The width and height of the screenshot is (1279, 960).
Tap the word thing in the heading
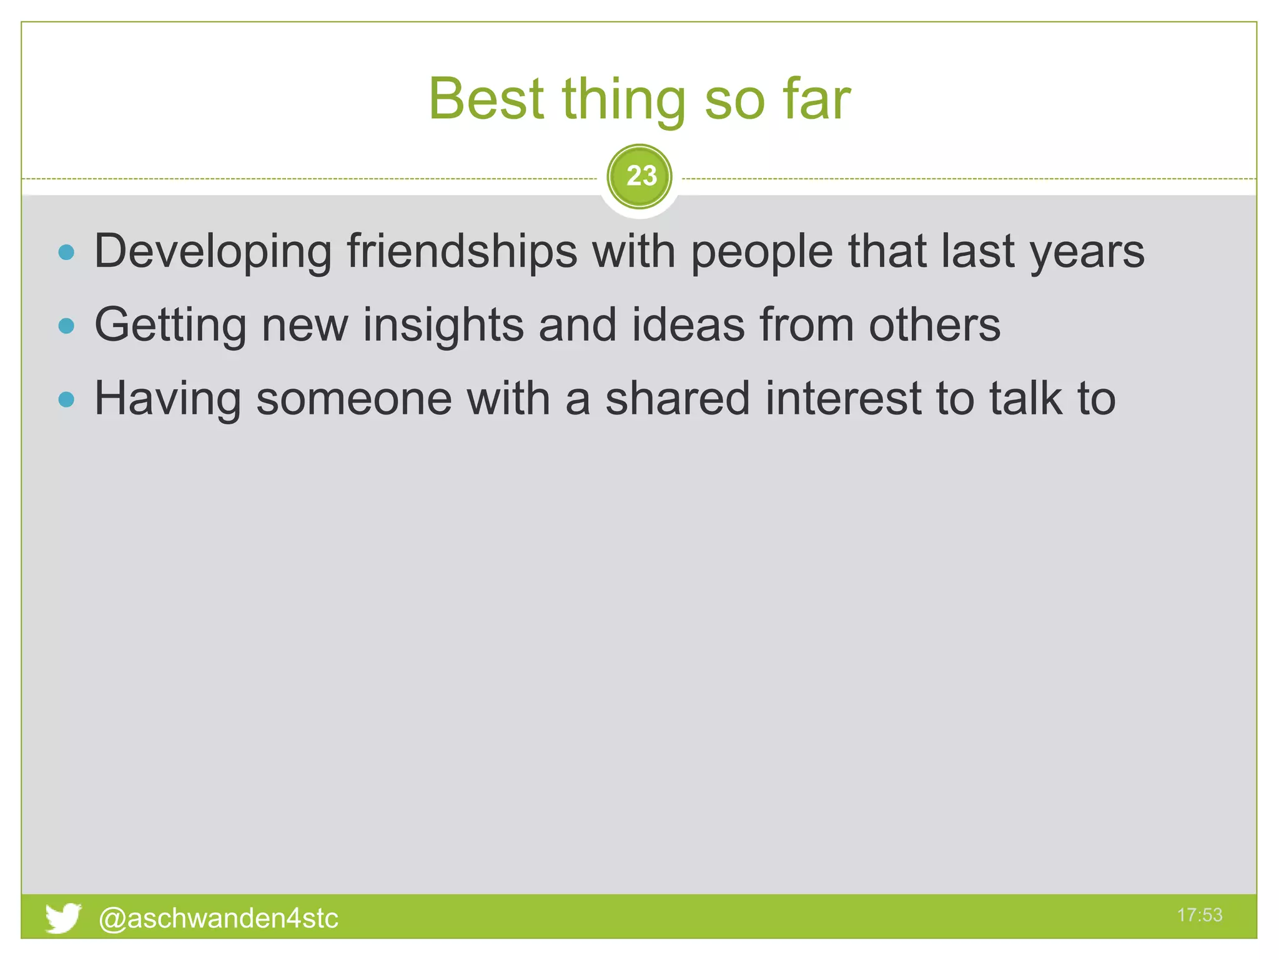tap(624, 100)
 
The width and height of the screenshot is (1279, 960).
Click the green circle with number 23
tap(639, 176)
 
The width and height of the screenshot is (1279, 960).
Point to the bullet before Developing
tap(66, 252)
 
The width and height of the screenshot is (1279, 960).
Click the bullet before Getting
tap(66, 326)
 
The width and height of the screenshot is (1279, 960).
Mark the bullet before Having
tap(66, 399)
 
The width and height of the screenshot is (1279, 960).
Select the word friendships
tap(462, 252)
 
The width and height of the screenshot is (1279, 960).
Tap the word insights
tap(443, 326)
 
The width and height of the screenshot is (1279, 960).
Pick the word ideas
tap(688, 325)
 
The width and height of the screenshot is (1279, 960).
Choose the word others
tap(935, 325)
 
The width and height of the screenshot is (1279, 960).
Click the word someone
tap(354, 399)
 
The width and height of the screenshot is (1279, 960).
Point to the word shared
tap(678, 399)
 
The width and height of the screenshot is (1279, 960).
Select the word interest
tap(843, 399)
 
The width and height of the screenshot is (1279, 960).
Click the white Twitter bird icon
tap(63, 917)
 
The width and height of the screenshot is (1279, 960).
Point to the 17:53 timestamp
tap(1199, 915)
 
